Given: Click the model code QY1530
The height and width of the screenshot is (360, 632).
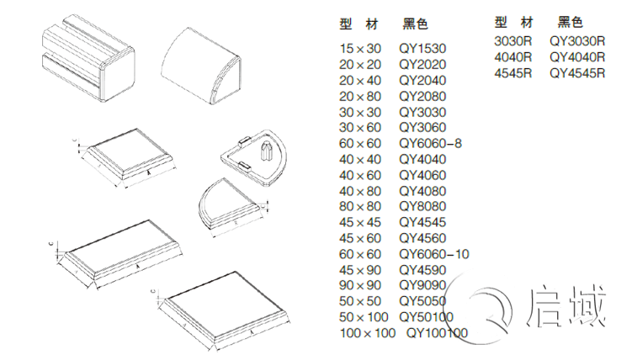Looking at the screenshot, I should pos(422,48).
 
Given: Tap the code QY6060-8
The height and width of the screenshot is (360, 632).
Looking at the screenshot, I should pos(431,143).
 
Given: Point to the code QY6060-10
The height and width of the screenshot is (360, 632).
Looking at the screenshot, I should pos(434,254).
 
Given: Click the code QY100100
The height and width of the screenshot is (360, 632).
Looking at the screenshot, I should pos(438,333).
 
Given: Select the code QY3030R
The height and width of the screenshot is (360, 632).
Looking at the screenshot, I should pos(577,40).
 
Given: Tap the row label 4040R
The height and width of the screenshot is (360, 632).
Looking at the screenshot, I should pos(513,56).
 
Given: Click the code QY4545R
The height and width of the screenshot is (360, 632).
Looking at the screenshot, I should pos(577,72).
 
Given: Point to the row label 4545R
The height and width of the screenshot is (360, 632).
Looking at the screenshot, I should pos(513,72).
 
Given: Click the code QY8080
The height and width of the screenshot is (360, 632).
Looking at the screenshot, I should pos(422,206).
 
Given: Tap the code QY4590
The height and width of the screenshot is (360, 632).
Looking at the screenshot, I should pos(422,270).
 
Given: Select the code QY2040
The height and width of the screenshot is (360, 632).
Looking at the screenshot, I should pos(422,80).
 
